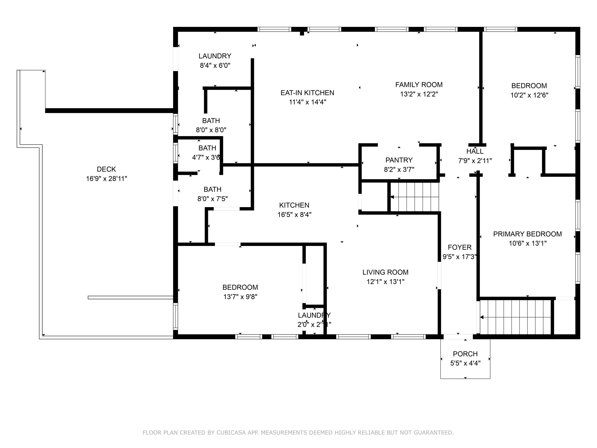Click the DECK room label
(106, 169)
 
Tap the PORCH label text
(465, 354)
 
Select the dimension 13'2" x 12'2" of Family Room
(419, 94)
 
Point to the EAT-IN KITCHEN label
(307, 93)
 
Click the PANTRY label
(399, 160)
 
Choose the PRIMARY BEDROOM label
(528, 234)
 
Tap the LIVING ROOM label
(385, 272)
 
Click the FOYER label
(460, 247)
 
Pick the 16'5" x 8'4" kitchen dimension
(295, 215)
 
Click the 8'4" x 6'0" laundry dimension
(215, 65)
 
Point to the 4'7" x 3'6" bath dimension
(206, 157)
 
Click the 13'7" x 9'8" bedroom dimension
(240, 297)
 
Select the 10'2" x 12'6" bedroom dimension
(529, 95)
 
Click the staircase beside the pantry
(415, 197)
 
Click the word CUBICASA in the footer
(231, 433)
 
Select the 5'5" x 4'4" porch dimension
(465, 363)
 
